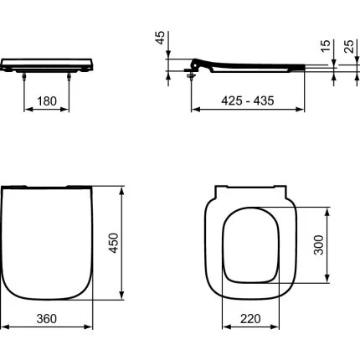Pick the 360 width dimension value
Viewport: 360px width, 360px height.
point(46,318)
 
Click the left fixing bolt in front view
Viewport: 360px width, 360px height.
point(23,77)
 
